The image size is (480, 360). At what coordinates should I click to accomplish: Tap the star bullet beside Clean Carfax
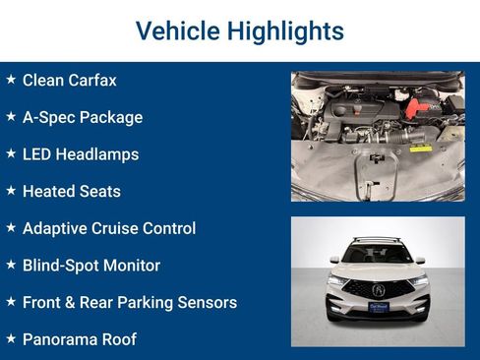tap(11, 79)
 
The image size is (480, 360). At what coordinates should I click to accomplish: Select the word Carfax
tap(90, 80)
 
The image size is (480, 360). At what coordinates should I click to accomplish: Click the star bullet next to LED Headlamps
tap(11, 153)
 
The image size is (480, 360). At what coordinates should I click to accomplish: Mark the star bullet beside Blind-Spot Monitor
tap(11, 265)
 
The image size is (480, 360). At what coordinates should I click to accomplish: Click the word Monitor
tap(129, 266)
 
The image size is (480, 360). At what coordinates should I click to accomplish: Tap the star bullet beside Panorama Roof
tap(11, 338)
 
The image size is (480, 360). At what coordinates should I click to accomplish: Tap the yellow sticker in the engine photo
tap(420, 149)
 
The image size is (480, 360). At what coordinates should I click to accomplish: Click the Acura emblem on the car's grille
tap(378, 290)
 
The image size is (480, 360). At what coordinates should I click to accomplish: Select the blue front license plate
tap(378, 307)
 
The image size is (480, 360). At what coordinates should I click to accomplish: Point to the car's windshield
tap(378, 254)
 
